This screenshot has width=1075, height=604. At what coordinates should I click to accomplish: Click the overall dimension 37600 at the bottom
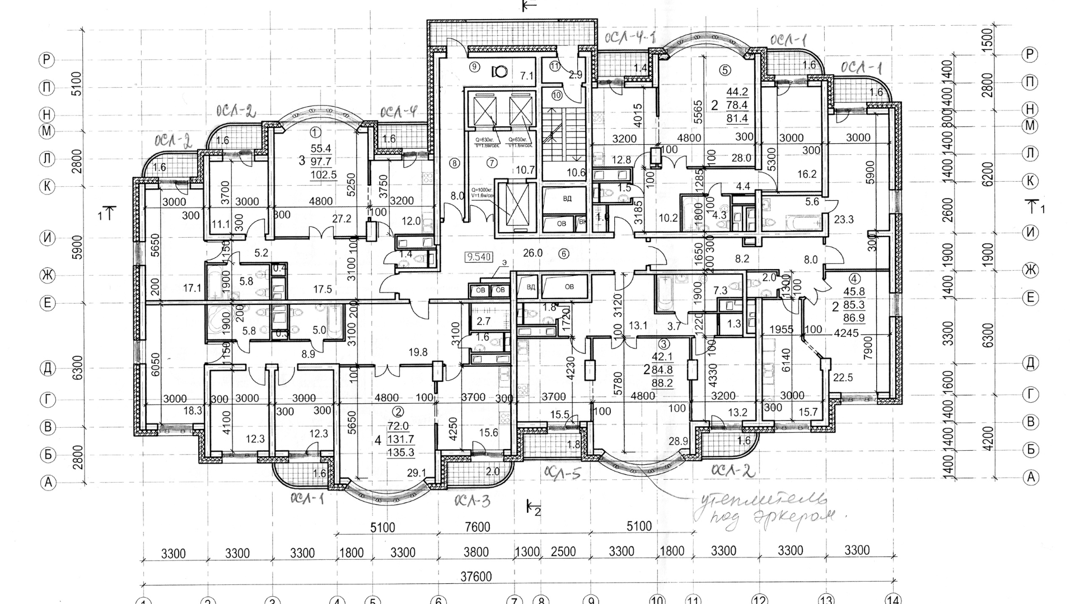click(475, 577)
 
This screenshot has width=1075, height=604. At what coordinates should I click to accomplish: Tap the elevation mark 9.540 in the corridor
click(479, 257)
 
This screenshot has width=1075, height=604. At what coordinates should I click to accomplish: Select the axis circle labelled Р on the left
click(48, 60)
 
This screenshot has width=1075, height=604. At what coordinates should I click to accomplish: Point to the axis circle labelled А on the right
click(1031, 477)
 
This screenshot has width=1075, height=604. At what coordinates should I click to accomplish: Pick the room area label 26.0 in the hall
click(532, 253)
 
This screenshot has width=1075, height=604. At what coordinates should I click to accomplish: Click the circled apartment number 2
click(399, 412)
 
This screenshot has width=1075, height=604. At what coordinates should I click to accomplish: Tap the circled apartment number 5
click(725, 70)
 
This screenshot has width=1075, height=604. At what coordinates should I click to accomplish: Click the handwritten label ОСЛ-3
click(472, 501)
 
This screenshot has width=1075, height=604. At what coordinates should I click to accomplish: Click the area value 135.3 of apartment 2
click(400, 452)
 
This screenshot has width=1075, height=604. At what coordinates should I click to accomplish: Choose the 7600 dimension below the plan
click(477, 527)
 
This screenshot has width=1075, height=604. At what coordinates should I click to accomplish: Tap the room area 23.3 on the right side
click(843, 220)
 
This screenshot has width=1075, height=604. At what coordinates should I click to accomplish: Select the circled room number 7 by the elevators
click(492, 163)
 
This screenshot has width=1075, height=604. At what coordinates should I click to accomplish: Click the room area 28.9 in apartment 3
click(678, 442)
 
